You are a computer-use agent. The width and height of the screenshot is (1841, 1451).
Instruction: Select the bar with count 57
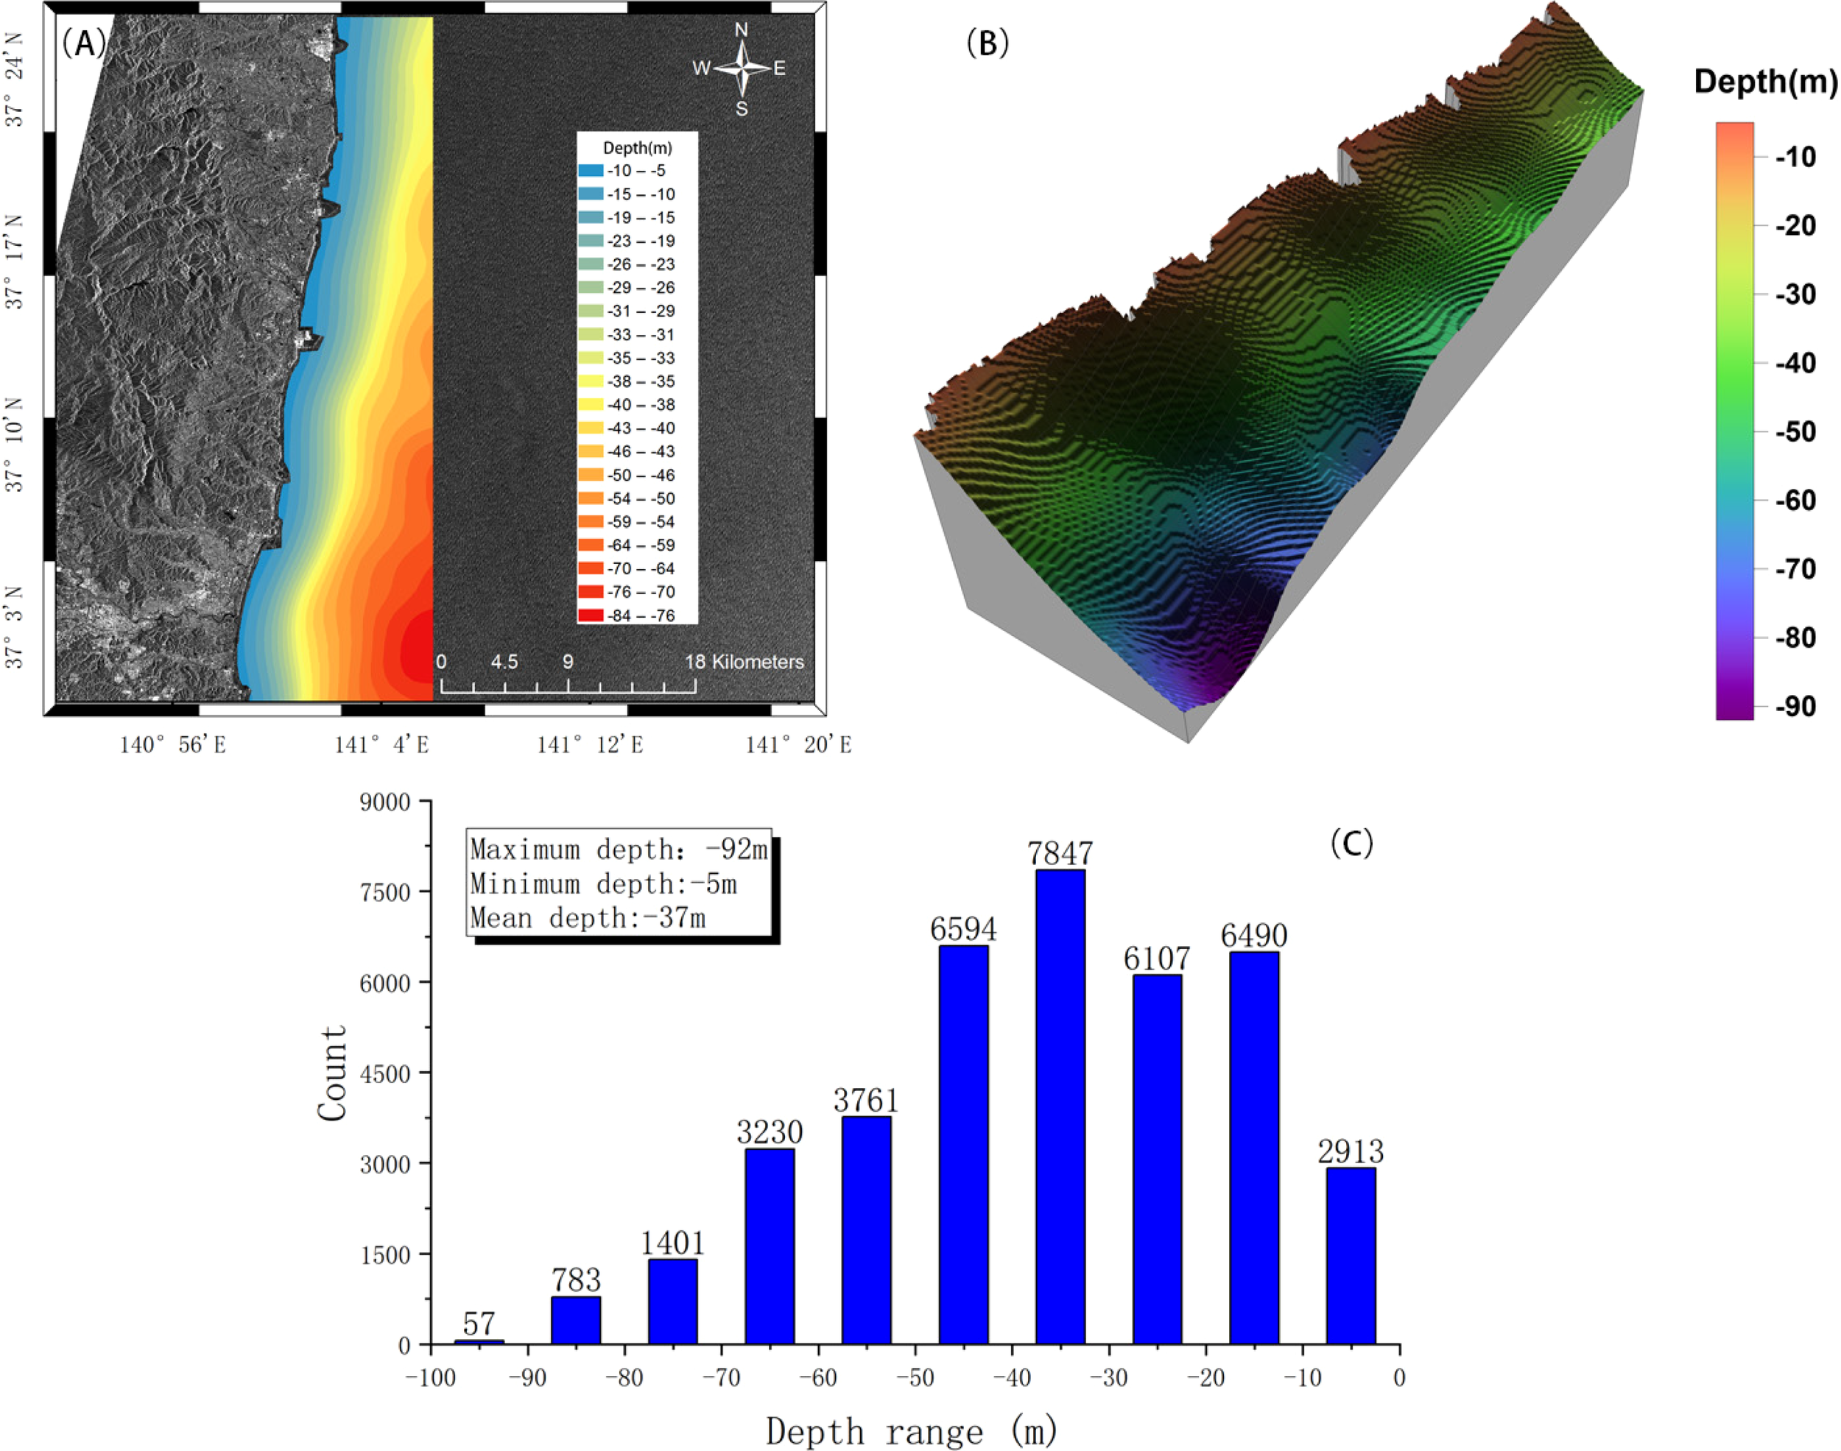coord(479,1341)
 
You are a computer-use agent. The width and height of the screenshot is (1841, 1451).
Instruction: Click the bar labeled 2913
coord(1350,1256)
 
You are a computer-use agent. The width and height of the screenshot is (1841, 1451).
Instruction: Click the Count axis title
coord(332,1073)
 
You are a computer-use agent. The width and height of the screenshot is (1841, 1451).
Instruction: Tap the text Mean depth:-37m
coord(588,918)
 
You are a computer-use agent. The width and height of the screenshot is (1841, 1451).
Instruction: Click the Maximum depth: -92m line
coord(619,850)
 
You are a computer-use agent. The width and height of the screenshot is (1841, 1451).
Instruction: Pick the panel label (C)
coord(1351,843)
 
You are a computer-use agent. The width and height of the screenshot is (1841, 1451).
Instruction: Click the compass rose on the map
coord(742,68)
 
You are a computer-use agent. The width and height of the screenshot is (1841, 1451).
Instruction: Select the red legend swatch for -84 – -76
coord(591,615)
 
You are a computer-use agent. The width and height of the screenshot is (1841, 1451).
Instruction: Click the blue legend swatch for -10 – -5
coord(591,171)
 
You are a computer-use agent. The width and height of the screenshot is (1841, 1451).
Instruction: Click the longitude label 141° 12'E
coord(590,745)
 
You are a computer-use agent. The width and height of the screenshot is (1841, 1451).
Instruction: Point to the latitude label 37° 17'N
coord(15,261)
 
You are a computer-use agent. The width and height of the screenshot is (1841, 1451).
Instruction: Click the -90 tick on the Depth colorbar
coord(1795,706)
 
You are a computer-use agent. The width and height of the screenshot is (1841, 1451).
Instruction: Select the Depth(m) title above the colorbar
coord(1765,82)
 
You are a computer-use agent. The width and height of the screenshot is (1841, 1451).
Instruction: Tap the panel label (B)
coord(988,43)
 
